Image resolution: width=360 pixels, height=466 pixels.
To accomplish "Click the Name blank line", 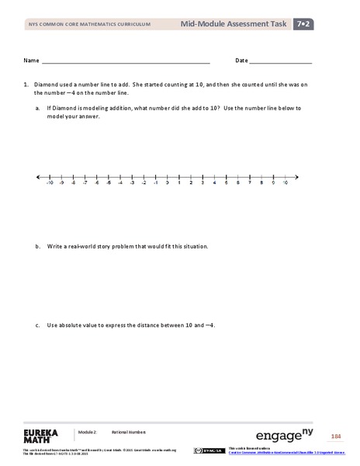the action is coord(125,61).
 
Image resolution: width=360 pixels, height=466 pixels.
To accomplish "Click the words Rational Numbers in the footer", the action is coord(128,431).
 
